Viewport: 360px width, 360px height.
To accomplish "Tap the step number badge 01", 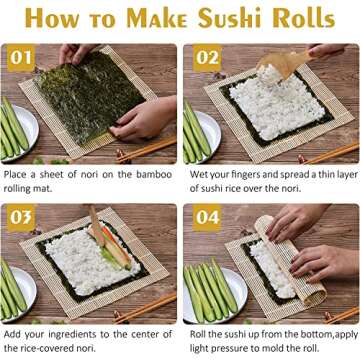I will [21, 57].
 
